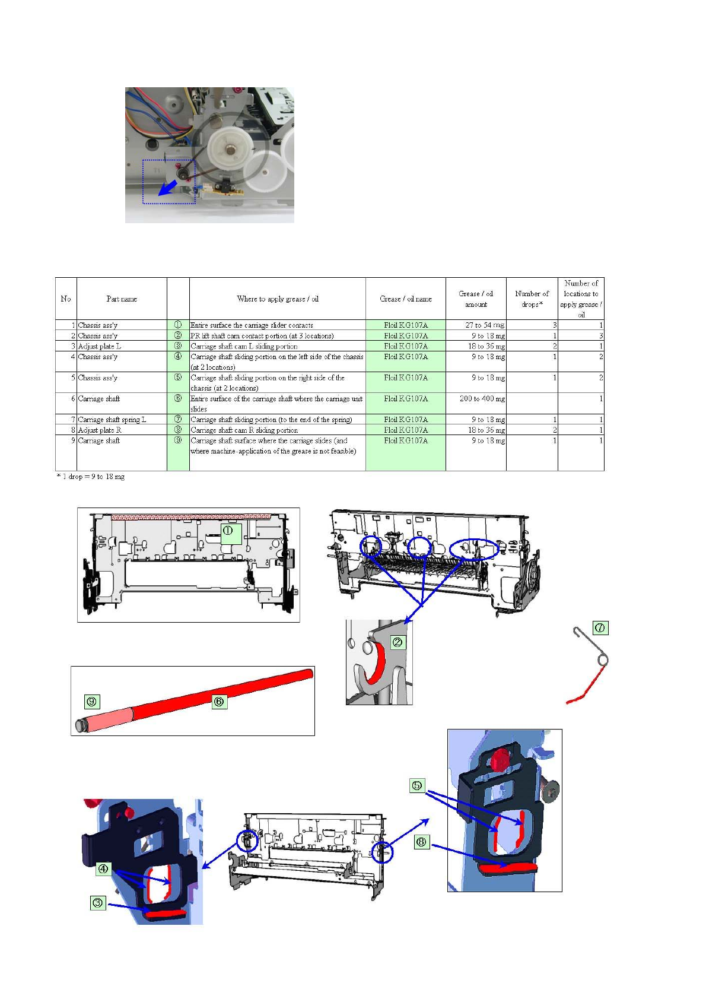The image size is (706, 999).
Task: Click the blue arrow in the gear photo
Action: (168, 188)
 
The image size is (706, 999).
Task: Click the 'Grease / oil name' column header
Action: (406, 299)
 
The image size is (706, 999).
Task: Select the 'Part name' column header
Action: (122, 299)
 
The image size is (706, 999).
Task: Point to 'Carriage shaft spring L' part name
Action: (112, 420)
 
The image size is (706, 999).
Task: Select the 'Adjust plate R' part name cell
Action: (100, 430)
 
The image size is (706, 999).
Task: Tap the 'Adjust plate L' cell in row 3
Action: (100, 347)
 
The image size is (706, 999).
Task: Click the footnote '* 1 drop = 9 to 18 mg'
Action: (91, 477)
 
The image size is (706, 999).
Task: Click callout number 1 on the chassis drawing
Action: (227, 531)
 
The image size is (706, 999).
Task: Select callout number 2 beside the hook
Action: (397, 642)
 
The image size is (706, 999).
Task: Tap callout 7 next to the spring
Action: (600, 627)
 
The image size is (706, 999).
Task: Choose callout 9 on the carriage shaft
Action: (92, 701)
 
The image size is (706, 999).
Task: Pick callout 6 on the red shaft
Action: (219, 702)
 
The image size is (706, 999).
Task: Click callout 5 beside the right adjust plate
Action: (417, 785)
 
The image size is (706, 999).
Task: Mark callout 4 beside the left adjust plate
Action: (103, 868)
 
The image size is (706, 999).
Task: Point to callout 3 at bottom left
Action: (98, 903)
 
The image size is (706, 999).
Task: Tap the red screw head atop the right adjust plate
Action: (500, 758)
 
